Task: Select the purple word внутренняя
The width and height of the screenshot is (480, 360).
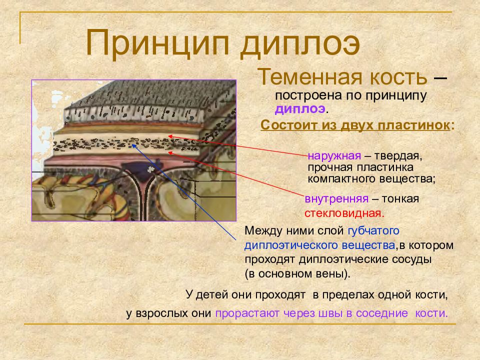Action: tap(336, 199)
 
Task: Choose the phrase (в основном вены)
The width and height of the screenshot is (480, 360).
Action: tap(298, 274)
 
